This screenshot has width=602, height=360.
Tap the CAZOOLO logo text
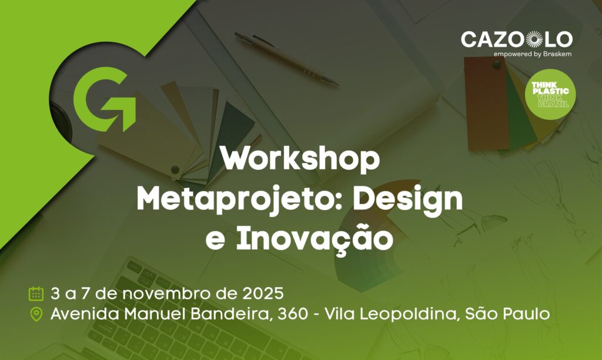click(516, 40)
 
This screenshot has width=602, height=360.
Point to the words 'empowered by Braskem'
click(533, 54)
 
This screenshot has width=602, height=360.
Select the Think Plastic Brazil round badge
click(550, 94)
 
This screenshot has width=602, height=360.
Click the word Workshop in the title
click(300, 160)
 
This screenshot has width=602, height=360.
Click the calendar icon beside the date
click(36, 293)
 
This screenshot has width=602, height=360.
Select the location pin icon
click(36, 315)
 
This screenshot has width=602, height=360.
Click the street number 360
click(295, 315)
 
